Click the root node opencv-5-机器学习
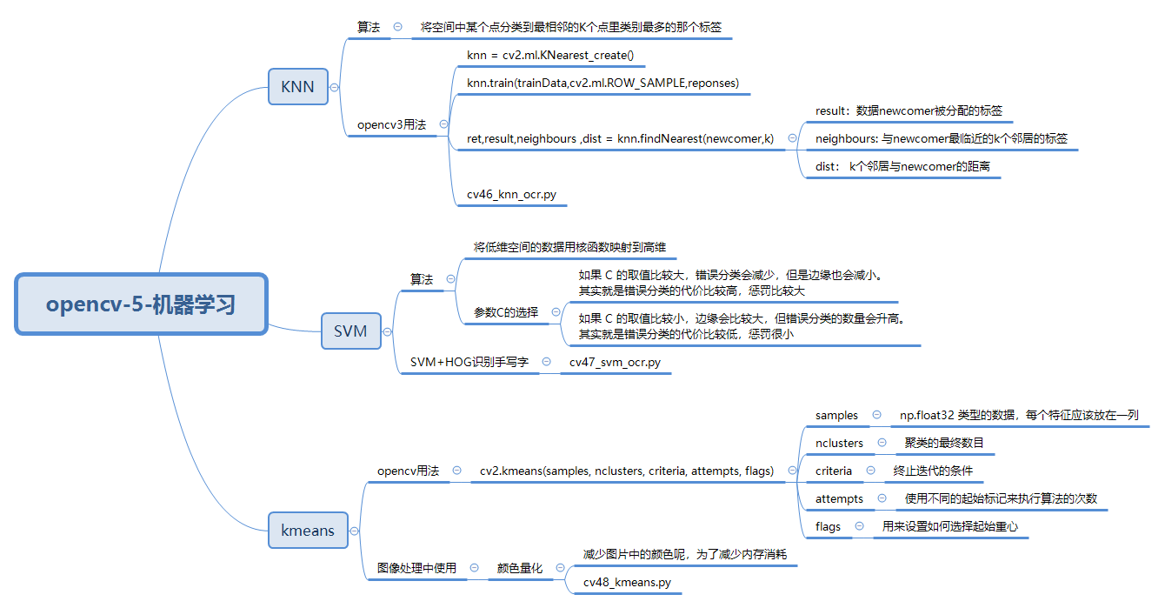coord(141,304)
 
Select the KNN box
coord(297,87)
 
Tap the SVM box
coord(350,331)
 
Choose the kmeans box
coord(307,531)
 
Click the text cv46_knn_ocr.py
coord(511,194)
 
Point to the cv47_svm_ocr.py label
coord(615,362)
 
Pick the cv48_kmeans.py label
coord(627,582)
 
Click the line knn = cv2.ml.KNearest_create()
coord(550,56)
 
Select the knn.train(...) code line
coord(602,83)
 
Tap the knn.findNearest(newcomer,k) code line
coord(620,137)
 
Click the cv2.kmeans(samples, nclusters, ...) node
coord(626,471)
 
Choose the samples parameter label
coord(836,415)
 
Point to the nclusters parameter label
coord(839,443)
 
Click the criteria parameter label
coord(834,471)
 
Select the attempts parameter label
coord(839,498)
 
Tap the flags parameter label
coord(828,526)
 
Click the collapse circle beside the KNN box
coord(335,87)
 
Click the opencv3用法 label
coord(391,124)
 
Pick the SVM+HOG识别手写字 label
coord(469,362)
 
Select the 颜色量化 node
coord(520,568)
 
